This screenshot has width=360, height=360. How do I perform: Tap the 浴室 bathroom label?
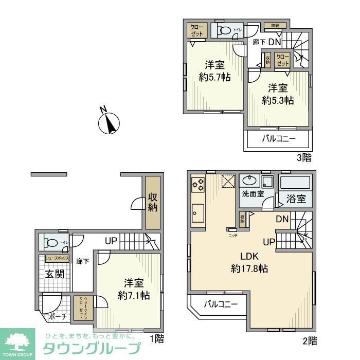pyautogui.click(x=297, y=199)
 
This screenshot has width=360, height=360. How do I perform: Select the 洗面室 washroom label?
pyautogui.click(x=253, y=194)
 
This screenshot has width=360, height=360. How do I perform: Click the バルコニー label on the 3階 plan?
pyautogui.click(x=279, y=138)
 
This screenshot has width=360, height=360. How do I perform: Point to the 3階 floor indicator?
pyautogui.click(x=303, y=158)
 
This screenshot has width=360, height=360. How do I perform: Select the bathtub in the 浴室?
pyautogui.click(x=295, y=183)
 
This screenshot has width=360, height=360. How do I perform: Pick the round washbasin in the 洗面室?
pyautogui.click(x=249, y=181)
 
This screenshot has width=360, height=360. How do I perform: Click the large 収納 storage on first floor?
pyautogui.click(x=153, y=203)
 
